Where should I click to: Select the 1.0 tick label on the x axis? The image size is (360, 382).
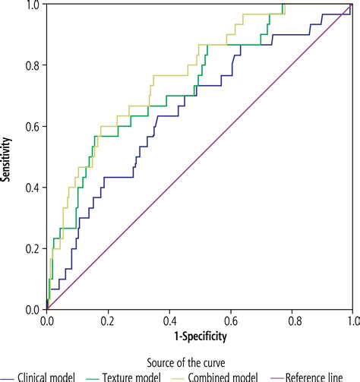[x=351, y=320]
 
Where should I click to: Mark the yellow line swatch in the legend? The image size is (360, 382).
[x=179, y=377]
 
